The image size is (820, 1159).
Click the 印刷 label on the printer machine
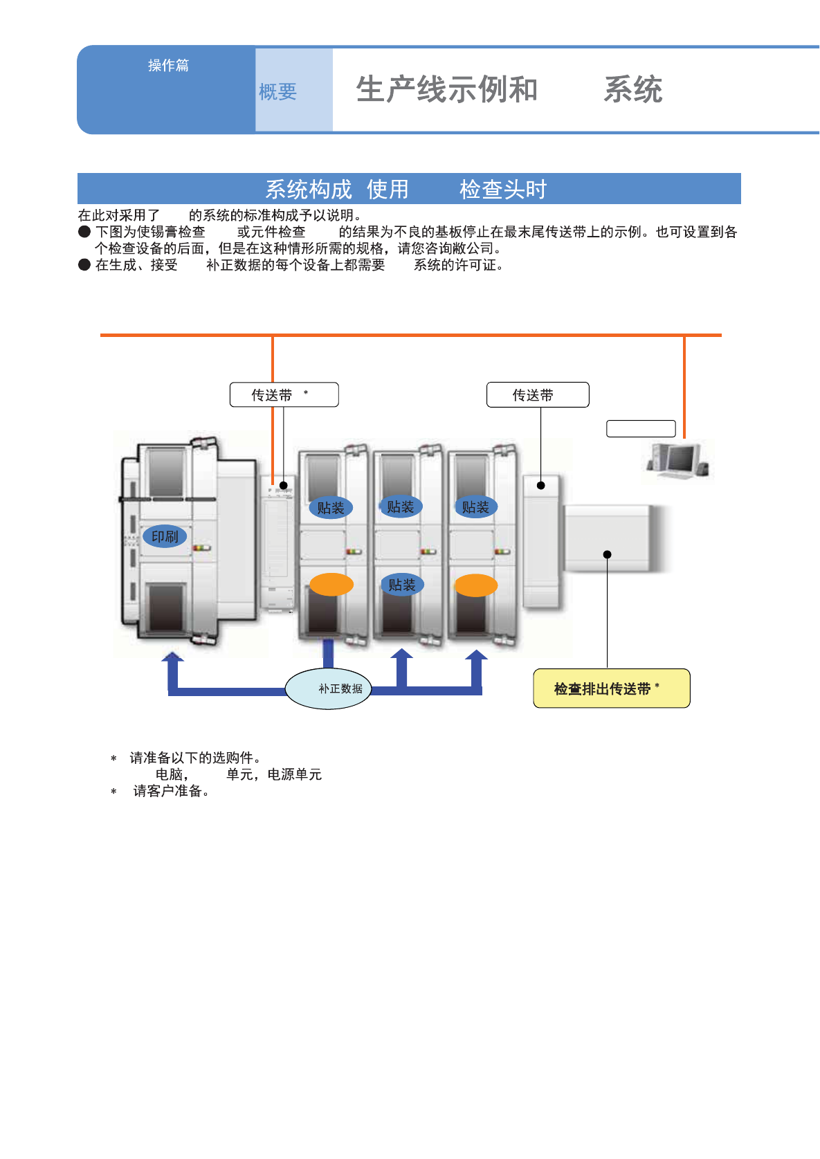(x=165, y=536)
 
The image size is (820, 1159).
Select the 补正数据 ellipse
(x=329, y=688)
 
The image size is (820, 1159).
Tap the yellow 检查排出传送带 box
(x=611, y=688)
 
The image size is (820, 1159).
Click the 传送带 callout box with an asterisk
(x=284, y=395)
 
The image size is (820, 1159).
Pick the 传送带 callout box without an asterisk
(x=538, y=395)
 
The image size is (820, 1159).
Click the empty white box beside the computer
(x=641, y=428)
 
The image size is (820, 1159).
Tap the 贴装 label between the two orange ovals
(x=401, y=585)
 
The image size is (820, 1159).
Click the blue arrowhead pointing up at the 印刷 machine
(x=172, y=657)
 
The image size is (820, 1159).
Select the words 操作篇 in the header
(x=168, y=65)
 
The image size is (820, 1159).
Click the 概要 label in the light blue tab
(x=277, y=91)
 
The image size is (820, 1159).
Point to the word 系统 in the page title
(x=633, y=90)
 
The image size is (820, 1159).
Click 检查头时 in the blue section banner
(x=503, y=189)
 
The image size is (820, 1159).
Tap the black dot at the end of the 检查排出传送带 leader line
(x=607, y=554)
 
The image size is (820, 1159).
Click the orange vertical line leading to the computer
(x=684, y=387)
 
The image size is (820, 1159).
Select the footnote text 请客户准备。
(x=171, y=791)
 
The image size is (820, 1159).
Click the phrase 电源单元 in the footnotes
(x=295, y=774)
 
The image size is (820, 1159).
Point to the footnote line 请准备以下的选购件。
(x=195, y=758)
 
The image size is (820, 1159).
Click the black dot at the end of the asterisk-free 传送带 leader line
(x=541, y=485)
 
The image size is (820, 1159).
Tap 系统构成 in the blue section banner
(x=309, y=189)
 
